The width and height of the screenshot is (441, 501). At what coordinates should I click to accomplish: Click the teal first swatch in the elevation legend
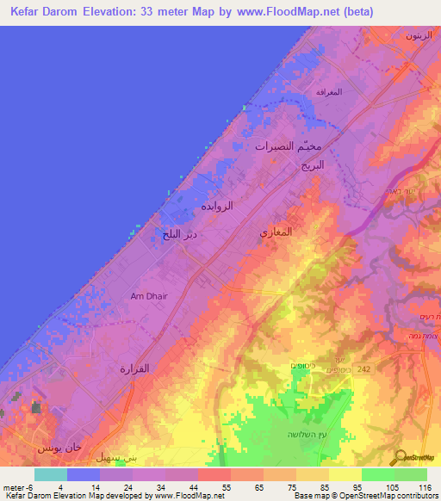coord(50,474)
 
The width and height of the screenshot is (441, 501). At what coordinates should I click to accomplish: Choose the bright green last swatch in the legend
coord(411,474)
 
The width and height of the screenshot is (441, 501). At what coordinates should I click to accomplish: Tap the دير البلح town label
coord(179,234)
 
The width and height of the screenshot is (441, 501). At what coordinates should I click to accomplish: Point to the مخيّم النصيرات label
coord(289,147)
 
